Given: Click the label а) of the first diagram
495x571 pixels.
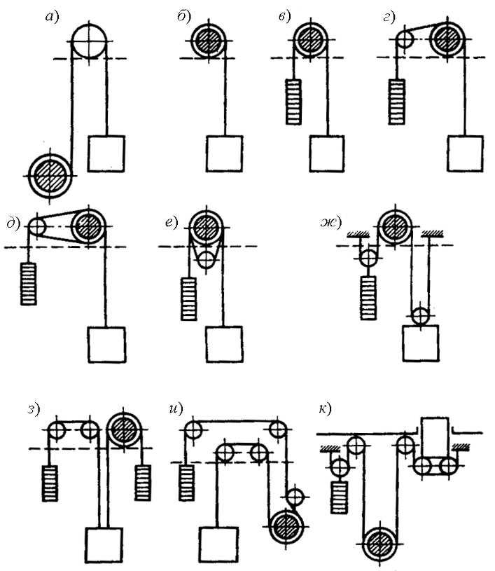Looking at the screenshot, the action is [x=52, y=17].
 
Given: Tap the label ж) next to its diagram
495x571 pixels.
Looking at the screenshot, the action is [x=331, y=222].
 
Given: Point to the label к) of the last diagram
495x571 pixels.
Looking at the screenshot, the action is [x=325, y=409].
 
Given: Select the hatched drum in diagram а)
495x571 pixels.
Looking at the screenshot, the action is [x=50, y=176].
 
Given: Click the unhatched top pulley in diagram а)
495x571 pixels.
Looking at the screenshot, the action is [x=89, y=41].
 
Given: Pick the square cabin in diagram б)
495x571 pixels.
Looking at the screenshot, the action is [x=224, y=153].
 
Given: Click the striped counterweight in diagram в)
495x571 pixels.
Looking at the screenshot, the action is [x=293, y=102].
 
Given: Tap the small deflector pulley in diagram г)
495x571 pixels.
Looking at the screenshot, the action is [x=405, y=39].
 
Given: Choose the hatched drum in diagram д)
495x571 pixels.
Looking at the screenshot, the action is [x=88, y=226].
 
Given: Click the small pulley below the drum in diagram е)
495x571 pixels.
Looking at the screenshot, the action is [x=207, y=259].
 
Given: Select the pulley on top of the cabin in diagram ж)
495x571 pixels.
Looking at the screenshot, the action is [x=420, y=315].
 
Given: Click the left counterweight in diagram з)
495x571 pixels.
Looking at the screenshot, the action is [x=50, y=483].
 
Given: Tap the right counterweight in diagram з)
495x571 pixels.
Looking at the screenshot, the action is [x=143, y=483].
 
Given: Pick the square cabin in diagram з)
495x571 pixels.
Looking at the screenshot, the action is [x=104, y=545].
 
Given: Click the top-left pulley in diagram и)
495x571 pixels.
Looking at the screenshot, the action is [x=193, y=430].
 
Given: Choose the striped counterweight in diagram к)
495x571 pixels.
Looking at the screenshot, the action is [x=340, y=497].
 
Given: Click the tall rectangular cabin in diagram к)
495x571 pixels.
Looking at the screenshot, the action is [x=435, y=437].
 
